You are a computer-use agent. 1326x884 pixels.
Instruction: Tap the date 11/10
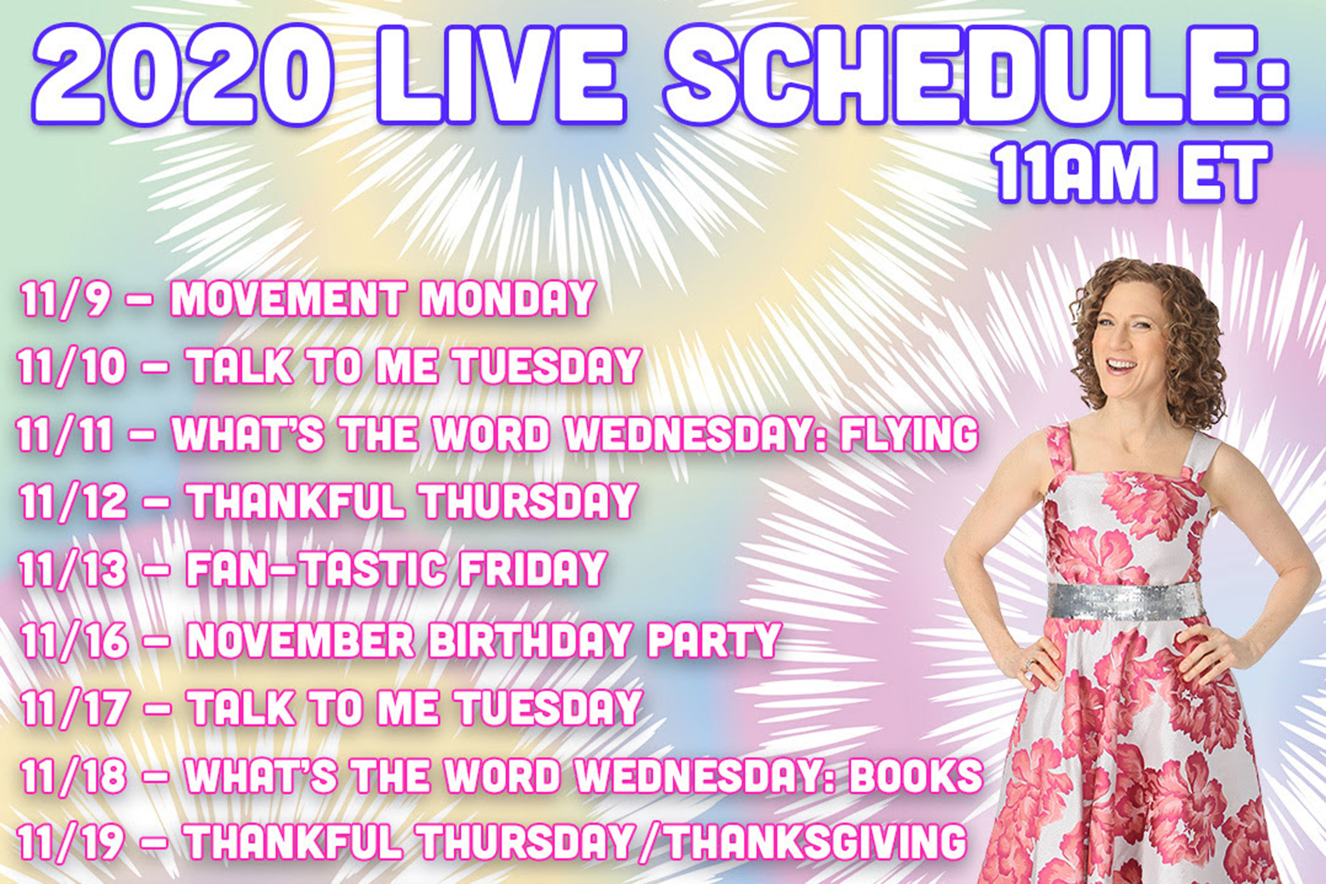71,367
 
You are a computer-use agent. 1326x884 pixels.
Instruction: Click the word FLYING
909,434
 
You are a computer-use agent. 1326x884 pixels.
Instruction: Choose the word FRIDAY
532,569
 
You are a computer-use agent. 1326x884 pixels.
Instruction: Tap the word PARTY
714,640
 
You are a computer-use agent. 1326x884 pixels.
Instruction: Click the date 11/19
71,842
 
